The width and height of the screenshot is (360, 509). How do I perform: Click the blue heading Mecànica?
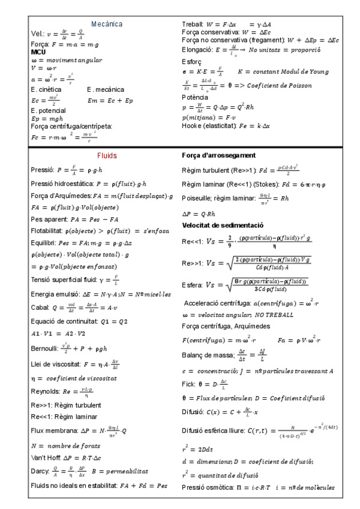point(106,24)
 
